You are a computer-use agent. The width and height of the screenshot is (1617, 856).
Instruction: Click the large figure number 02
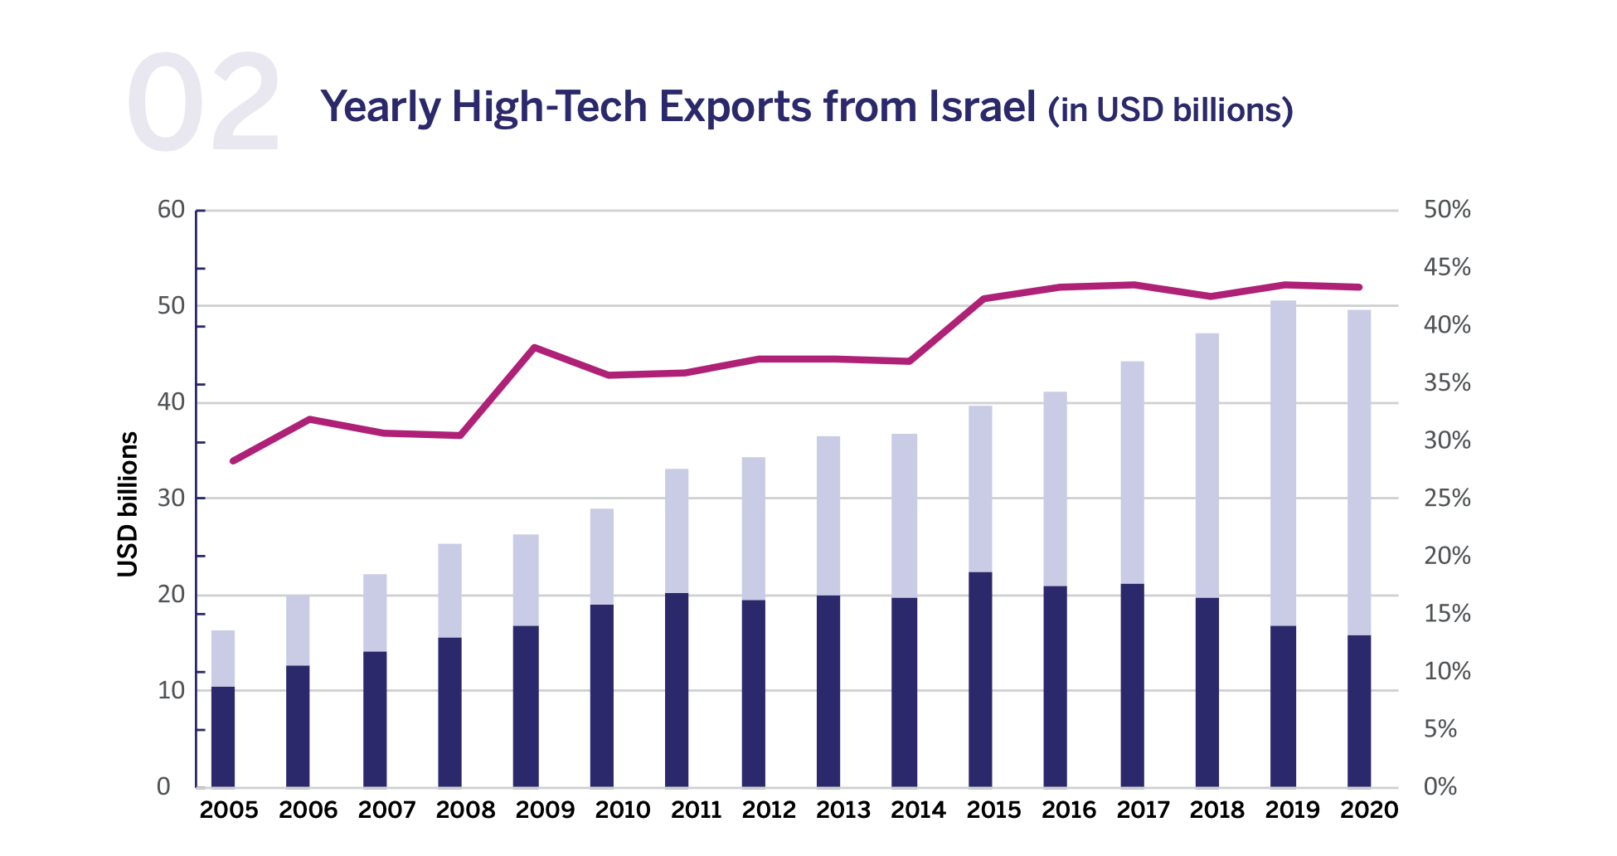click(x=204, y=103)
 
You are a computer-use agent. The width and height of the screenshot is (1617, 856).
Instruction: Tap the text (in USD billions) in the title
click(x=1170, y=110)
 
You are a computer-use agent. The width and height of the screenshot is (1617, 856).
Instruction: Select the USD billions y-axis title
click(x=127, y=503)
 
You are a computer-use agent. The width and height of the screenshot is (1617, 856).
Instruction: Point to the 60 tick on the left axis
click(x=171, y=210)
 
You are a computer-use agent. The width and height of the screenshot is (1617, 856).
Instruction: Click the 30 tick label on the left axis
click(x=171, y=499)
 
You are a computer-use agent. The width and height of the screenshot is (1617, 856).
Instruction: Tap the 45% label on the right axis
click(x=1446, y=267)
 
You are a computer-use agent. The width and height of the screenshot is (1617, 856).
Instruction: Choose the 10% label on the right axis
click(x=1446, y=671)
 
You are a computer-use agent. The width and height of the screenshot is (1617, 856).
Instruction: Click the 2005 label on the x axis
click(x=229, y=810)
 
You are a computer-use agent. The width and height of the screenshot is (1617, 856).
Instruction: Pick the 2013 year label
click(x=842, y=810)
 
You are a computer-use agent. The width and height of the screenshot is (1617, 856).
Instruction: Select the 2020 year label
click(x=1368, y=810)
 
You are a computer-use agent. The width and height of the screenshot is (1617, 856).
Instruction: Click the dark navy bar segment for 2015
click(x=980, y=680)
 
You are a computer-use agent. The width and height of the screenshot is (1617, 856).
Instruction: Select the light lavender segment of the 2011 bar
click(x=677, y=531)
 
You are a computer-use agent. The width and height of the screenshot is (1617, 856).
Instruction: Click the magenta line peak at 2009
click(x=535, y=348)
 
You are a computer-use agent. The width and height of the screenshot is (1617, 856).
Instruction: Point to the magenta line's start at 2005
click(x=234, y=460)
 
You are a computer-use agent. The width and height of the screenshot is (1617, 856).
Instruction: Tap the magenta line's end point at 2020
click(x=1359, y=287)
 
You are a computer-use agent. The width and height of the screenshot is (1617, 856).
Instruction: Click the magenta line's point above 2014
click(x=910, y=361)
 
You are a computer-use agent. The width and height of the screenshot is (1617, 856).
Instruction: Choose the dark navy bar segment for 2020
click(x=1359, y=711)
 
